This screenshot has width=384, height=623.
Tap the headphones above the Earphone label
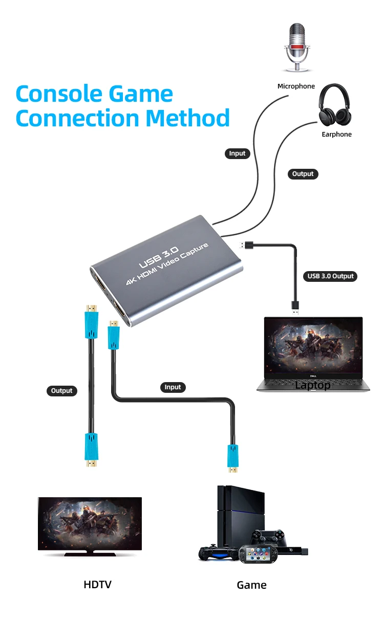click(x=336, y=106)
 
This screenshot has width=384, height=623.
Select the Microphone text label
click(x=296, y=86)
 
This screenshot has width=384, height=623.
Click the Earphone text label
click(x=336, y=135)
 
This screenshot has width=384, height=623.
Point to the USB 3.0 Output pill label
click(x=331, y=276)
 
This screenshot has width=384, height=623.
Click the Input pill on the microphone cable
click(x=237, y=153)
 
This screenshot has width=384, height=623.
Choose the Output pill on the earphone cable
click(x=303, y=174)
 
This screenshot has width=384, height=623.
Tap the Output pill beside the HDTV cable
click(x=62, y=391)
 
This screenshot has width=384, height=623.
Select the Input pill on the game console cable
click(x=173, y=387)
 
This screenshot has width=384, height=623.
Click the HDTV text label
click(x=97, y=584)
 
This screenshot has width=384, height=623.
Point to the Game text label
click(x=251, y=585)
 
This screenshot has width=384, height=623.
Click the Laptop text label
click(x=312, y=385)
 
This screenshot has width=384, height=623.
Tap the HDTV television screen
click(x=90, y=523)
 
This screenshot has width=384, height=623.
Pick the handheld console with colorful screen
click(x=259, y=553)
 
